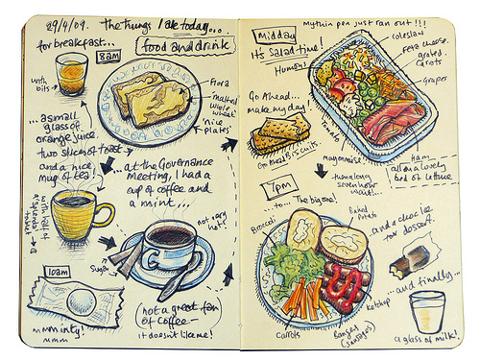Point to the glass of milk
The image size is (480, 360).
[x=425, y=310]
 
